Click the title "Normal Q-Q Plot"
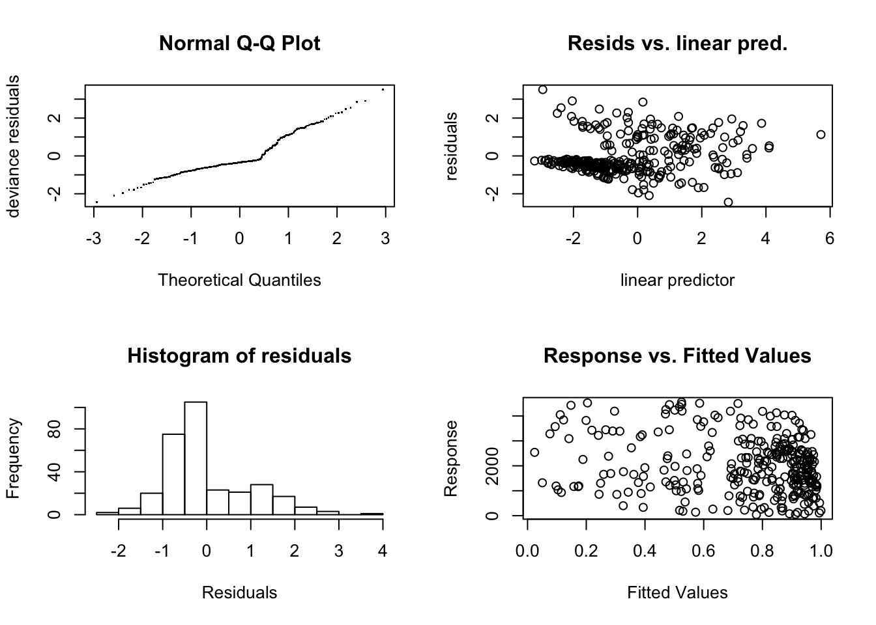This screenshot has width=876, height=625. pyautogui.click(x=239, y=44)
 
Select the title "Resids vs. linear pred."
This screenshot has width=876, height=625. pyautogui.click(x=677, y=44)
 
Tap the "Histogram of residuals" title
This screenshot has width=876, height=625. pyautogui.click(x=239, y=356)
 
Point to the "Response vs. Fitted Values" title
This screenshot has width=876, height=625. pyautogui.click(x=677, y=356)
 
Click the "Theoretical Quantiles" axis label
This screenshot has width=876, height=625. pyautogui.click(x=239, y=280)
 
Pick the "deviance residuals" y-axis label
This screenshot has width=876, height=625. pyautogui.click(x=13, y=146)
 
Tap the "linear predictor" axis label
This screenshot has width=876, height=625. pyautogui.click(x=677, y=280)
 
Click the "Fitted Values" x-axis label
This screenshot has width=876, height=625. pyautogui.click(x=677, y=592)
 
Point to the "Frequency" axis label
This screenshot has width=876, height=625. pyautogui.click(x=13, y=458)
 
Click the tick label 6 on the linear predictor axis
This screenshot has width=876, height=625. pyautogui.click(x=829, y=239)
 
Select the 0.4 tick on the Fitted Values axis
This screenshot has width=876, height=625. pyautogui.click(x=645, y=551)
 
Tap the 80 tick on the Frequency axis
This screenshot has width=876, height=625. pyautogui.click(x=55, y=429)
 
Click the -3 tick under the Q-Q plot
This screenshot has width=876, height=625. pyautogui.click(x=93, y=239)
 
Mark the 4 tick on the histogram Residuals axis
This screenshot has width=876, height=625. pyautogui.click(x=383, y=551)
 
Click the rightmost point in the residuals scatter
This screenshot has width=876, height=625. pyautogui.click(x=821, y=134)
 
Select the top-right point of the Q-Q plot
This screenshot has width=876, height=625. pyautogui.click(x=383, y=89)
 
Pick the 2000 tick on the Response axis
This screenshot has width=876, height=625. pyautogui.click(x=493, y=466)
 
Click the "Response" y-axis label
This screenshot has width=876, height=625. pyautogui.click(x=451, y=458)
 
